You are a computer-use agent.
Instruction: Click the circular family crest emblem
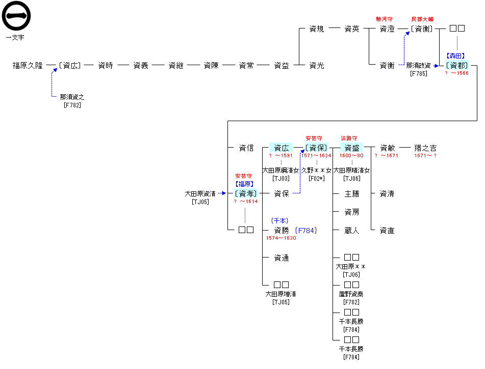(16, 16)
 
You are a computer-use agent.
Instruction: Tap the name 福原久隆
(28, 66)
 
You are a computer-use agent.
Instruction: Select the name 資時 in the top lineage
(106, 66)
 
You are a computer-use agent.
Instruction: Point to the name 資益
(282, 66)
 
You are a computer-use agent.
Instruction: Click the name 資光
(317, 66)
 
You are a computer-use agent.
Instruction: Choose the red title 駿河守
(384, 19)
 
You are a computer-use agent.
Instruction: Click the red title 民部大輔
(422, 19)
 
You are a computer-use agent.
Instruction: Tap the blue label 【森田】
(457, 56)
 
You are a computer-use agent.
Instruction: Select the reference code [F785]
(419, 74)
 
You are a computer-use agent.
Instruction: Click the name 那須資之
(72, 97)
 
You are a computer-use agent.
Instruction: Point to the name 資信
(246, 148)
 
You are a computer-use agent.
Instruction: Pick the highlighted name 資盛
(352, 148)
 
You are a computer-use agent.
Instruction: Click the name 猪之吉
(426, 148)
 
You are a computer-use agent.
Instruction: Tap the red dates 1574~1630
(281, 238)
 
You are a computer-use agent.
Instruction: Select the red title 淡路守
(349, 138)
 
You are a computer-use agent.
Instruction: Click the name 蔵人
(352, 231)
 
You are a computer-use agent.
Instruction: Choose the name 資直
(387, 231)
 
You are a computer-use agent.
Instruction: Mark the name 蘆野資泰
(352, 294)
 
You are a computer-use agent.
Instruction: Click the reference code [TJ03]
(281, 178)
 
